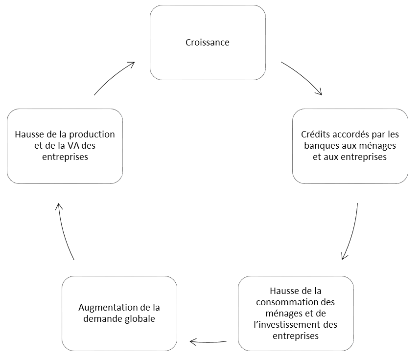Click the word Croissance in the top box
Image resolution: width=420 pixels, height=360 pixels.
[x=208, y=42]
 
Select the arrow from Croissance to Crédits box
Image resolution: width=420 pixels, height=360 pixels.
[x=303, y=77]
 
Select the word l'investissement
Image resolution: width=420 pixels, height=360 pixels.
[x=288, y=324]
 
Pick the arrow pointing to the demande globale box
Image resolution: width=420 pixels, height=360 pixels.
[x=208, y=342]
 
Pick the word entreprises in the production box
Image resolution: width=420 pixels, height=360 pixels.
[x=65, y=157]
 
